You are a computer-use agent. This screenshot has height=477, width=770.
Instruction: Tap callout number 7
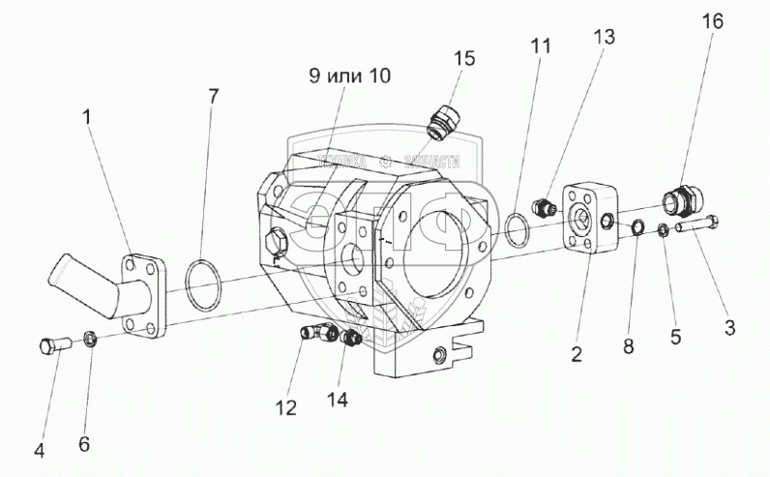tap(213, 96)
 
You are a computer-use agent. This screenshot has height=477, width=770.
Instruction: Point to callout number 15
tap(464, 58)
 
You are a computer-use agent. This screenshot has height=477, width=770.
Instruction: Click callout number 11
tap(540, 45)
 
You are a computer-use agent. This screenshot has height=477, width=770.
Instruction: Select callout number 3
tap(729, 327)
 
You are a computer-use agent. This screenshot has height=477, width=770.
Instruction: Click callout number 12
tap(284, 407)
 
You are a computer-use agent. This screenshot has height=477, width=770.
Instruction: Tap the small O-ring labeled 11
tap(517, 228)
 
